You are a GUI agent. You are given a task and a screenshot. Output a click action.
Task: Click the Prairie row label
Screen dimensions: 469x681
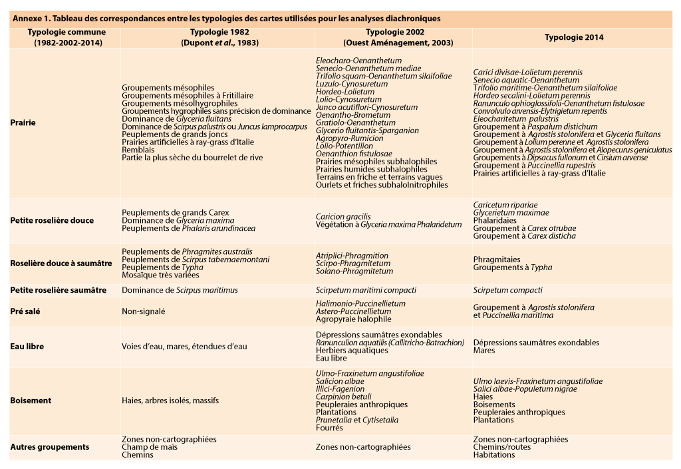[x=23, y=123]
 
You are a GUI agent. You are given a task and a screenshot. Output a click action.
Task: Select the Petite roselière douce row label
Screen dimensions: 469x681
[x=52, y=220]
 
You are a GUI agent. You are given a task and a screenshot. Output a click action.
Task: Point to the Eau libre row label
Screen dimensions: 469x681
[x=27, y=347]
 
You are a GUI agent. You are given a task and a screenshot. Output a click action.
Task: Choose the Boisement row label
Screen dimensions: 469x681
[x=31, y=400]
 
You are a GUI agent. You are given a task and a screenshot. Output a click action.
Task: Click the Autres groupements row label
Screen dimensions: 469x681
[x=50, y=447]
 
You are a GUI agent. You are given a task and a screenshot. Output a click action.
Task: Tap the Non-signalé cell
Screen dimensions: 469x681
[x=143, y=311]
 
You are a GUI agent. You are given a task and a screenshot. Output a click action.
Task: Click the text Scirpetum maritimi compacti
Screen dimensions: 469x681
[x=366, y=290]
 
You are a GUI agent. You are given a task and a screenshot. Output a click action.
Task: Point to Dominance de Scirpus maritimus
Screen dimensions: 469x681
[x=180, y=290]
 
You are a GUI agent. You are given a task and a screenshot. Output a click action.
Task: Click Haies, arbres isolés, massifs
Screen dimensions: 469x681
[x=170, y=400]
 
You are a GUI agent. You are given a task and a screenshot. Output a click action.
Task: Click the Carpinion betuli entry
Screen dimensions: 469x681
[x=343, y=396]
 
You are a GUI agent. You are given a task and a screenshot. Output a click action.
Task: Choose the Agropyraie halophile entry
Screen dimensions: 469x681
[x=353, y=319]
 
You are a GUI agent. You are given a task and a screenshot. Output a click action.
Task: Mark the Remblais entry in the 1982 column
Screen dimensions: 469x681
[x=138, y=150]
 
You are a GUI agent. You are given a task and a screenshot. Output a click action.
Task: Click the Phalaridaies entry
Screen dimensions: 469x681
[x=495, y=220]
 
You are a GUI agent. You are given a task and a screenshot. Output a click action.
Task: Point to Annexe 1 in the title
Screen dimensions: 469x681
[x=31, y=19]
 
